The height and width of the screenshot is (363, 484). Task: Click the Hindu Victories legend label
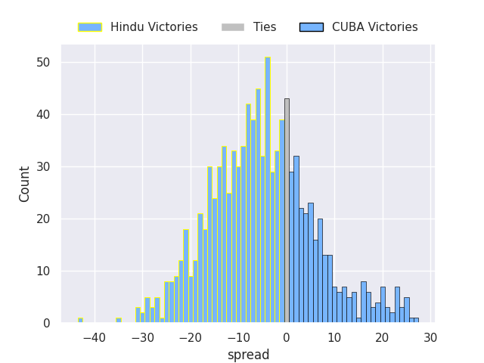click(154, 27)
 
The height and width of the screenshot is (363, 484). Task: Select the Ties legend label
click(265, 27)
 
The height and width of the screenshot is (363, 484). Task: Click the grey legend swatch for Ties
click(233, 27)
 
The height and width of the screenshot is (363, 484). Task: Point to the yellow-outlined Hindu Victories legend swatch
click(90, 27)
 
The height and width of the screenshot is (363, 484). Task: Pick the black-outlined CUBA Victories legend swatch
click(311, 27)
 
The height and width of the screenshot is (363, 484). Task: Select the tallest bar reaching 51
click(267, 190)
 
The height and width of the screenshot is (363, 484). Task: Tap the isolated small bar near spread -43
click(80, 320)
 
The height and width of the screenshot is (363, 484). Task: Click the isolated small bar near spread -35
click(119, 320)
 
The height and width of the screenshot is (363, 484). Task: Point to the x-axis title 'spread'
click(248, 355)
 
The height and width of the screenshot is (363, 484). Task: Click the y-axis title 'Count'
click(26, 184)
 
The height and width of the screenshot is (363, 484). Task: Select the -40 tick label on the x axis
click(94, 337)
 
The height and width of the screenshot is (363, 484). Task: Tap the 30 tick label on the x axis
click(430, 337)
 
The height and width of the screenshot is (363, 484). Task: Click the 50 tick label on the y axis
click(44, 62)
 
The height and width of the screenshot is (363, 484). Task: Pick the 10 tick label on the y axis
click(44, 271)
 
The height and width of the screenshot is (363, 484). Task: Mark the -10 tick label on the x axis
click(238, 337)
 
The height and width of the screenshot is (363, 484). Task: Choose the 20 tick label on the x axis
click(383, 337)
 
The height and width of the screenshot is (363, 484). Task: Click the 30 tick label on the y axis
click(44, 166)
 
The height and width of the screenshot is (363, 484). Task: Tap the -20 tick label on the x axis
click(190, 337)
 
